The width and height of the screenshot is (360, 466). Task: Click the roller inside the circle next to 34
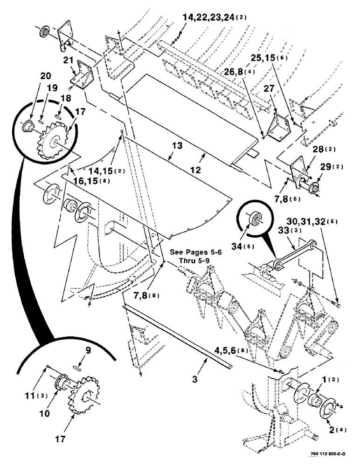(x=256, y=218)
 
